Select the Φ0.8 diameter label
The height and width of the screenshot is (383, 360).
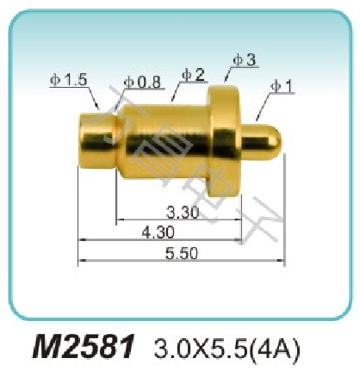(x=142, y=82)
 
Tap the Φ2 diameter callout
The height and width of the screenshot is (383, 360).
(x=193, y=75)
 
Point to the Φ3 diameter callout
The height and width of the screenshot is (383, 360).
(x=244, y=60)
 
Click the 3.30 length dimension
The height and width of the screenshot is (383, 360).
(x=183, y=212)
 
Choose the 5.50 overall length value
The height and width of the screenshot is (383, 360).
(x=182, y=253)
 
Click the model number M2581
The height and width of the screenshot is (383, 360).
(x=84, y=349)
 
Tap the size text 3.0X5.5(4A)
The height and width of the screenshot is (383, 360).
(x=225, y=349)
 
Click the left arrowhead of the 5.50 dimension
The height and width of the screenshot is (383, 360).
(x=81, y=259)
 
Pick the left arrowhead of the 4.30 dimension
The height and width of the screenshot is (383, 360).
(x=81, y=238)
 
